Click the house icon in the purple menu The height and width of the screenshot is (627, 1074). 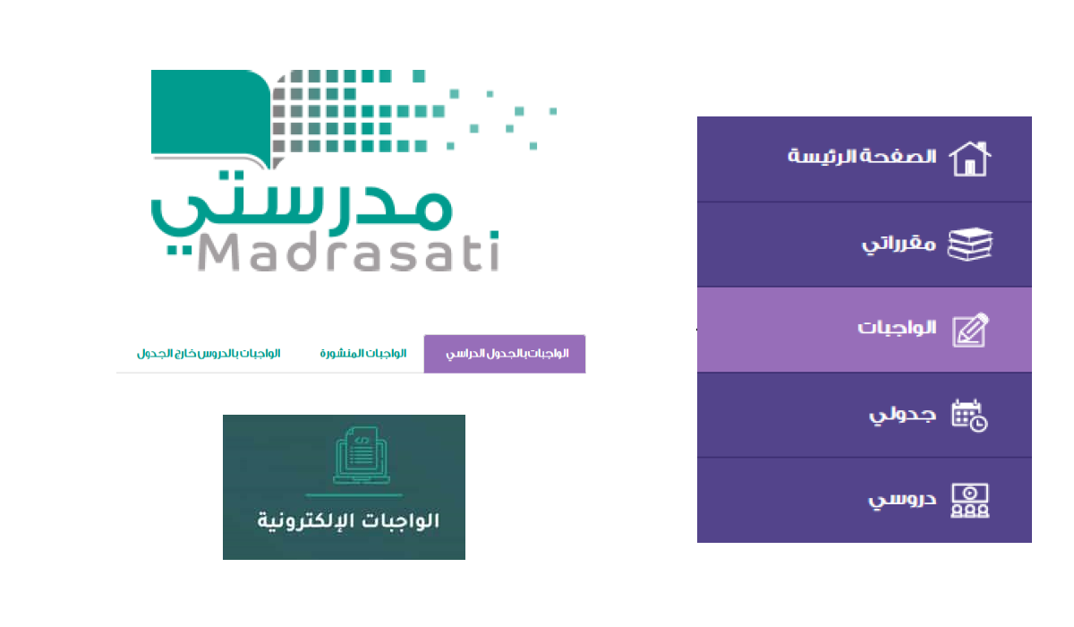coord(970,159)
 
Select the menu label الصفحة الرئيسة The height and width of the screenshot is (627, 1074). coord(862,157)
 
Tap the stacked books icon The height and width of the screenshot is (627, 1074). coord(970,245)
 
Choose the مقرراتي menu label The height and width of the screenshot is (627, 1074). coord(899,245)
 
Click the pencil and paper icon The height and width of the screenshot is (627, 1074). coord(970,330)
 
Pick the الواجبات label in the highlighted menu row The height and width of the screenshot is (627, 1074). coord(897,328)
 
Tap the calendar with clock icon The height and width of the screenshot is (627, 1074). coord(969,416)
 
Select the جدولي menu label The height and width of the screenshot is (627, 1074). coord(902,416)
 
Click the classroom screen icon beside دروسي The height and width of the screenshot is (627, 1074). coord(969,501)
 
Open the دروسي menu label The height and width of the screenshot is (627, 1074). coord(902,500)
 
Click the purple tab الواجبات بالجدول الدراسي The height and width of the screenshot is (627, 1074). coord(505,354)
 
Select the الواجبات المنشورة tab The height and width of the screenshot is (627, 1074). coord(363,354)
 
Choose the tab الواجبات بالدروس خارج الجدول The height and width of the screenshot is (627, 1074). coord(209,354)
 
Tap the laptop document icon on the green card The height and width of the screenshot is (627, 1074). coord(362,455)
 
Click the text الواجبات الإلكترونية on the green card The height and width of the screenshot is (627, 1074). coord(348,520)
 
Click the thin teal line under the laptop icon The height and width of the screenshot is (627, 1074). coord(354,494)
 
